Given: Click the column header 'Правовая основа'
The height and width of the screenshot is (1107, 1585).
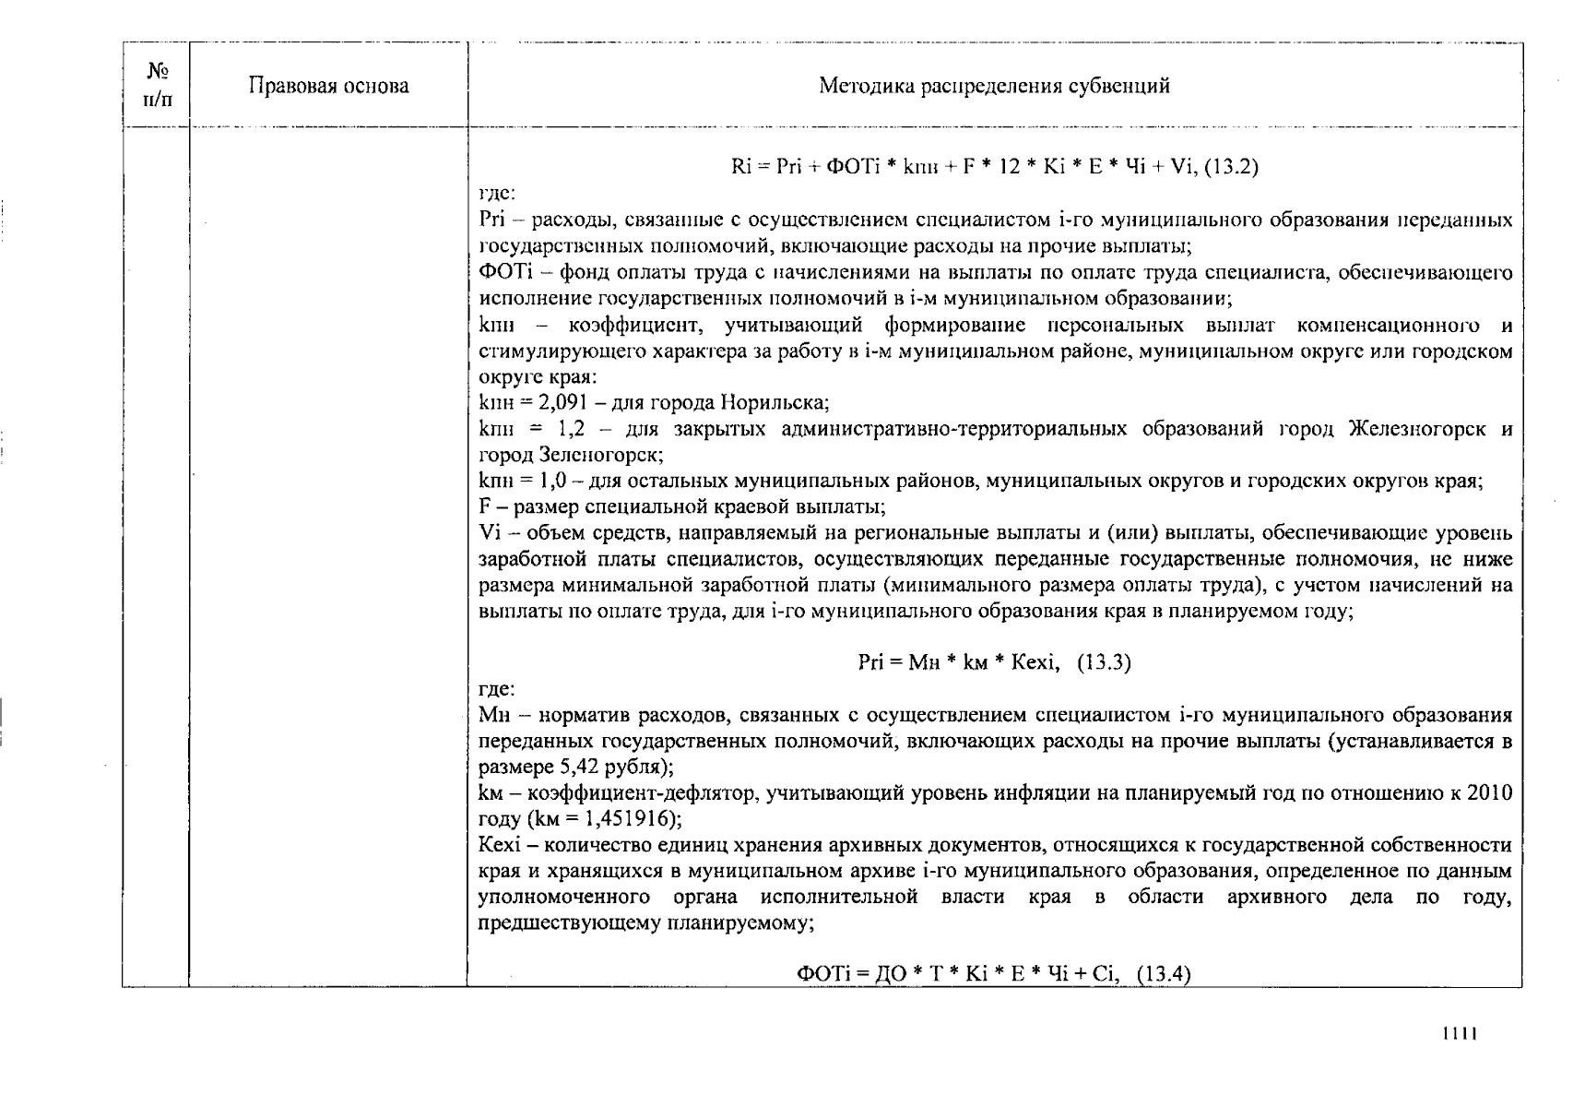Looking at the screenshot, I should (328, 86).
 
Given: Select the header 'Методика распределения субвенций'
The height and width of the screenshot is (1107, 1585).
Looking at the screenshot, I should (994, 86).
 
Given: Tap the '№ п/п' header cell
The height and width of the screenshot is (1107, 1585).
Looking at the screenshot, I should (156, 84).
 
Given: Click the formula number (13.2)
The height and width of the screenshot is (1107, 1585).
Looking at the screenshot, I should (1231, 166).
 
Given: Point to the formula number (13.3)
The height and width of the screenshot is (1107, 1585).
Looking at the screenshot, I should (1105, 662).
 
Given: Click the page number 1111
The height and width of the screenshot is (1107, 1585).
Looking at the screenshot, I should (1460, 1033).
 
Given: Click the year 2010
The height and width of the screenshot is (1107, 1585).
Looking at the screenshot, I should (1489, 793).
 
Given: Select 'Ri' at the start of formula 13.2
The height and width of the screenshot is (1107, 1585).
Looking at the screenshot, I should (741, 166).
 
